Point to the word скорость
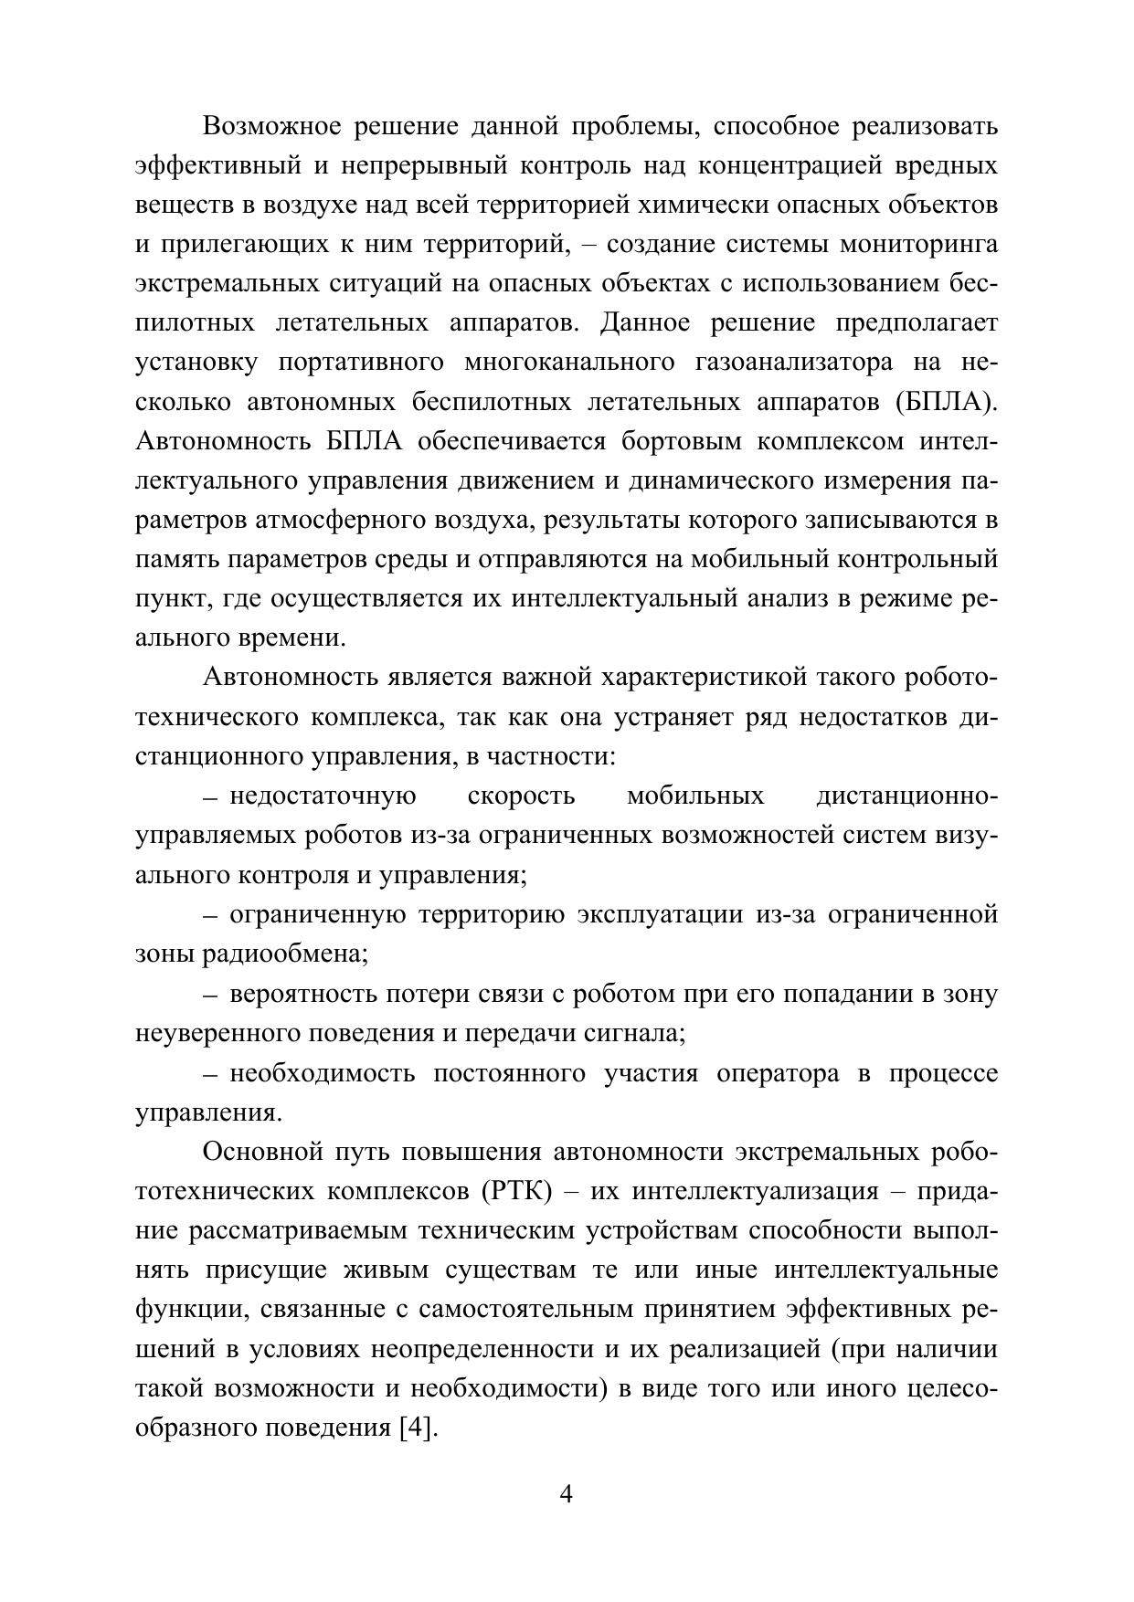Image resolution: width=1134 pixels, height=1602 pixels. [x=521, y=796]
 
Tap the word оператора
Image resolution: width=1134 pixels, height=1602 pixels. [x=777, y=1072]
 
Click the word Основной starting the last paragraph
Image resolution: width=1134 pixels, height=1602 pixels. [x=260, y=1152]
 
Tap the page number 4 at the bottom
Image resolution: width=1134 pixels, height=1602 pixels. [x=566, y=1495]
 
